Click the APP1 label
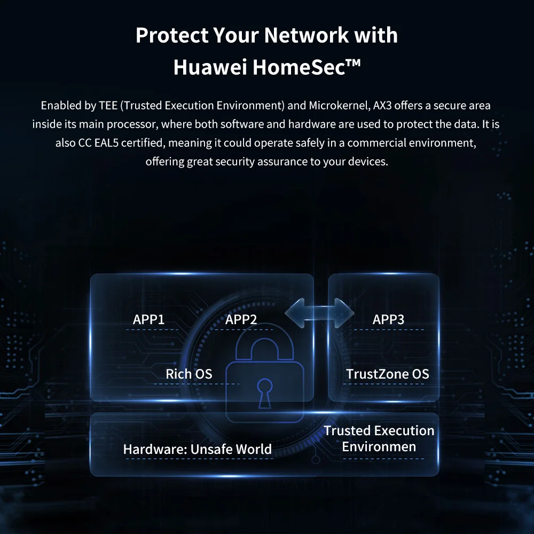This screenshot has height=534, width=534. [148, 320]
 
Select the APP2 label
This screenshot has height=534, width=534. [241, 320]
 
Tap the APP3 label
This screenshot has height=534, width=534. [388, 320]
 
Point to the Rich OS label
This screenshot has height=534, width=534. [189, 374]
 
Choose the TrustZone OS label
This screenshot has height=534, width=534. [387, 374]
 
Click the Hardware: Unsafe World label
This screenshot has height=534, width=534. [198, 450]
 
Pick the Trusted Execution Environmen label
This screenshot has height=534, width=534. [379, 438]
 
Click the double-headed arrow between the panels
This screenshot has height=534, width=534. [319, 312]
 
